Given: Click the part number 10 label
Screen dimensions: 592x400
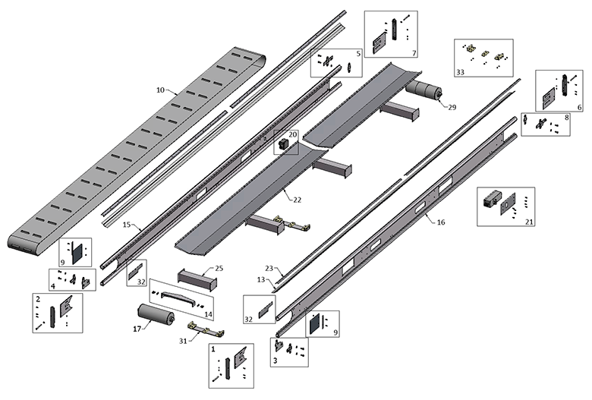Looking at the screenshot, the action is click(x=160, y=90).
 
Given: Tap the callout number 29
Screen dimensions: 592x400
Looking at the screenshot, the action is click(x=452, y=107).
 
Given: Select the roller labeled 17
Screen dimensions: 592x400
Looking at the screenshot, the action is click(x=156, y=313).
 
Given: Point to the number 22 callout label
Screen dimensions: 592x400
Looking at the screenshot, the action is click(x=297, y=200).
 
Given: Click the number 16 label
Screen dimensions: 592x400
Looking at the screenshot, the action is click(x=441, y=222).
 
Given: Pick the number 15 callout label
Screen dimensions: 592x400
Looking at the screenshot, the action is click(x=127, y=225).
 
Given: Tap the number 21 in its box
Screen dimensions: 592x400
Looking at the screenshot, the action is click(x=529, y=222).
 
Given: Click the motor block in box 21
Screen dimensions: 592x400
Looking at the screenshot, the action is click(x=492, y=199).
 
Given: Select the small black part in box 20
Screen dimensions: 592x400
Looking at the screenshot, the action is click(x=283, y=144).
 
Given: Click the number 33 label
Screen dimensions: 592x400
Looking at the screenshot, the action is click(x=460, y=72).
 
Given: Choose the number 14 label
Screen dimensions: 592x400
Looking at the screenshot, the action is click(x=208, y=314).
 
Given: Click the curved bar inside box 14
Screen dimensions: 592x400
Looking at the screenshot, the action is click(x=178, y=298).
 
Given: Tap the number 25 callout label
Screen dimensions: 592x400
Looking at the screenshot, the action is click(x=219, y=268).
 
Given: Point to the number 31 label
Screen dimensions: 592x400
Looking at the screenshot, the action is click(x=183, y=341).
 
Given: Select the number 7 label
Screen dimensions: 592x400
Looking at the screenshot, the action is click(x=414, y=53).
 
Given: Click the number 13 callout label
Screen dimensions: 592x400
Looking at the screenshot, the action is click(x=261, y=279).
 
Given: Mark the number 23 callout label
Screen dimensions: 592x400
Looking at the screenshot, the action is click(x=269, y=268).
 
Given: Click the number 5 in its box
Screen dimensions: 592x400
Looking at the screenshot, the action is click(x=358, y=54).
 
